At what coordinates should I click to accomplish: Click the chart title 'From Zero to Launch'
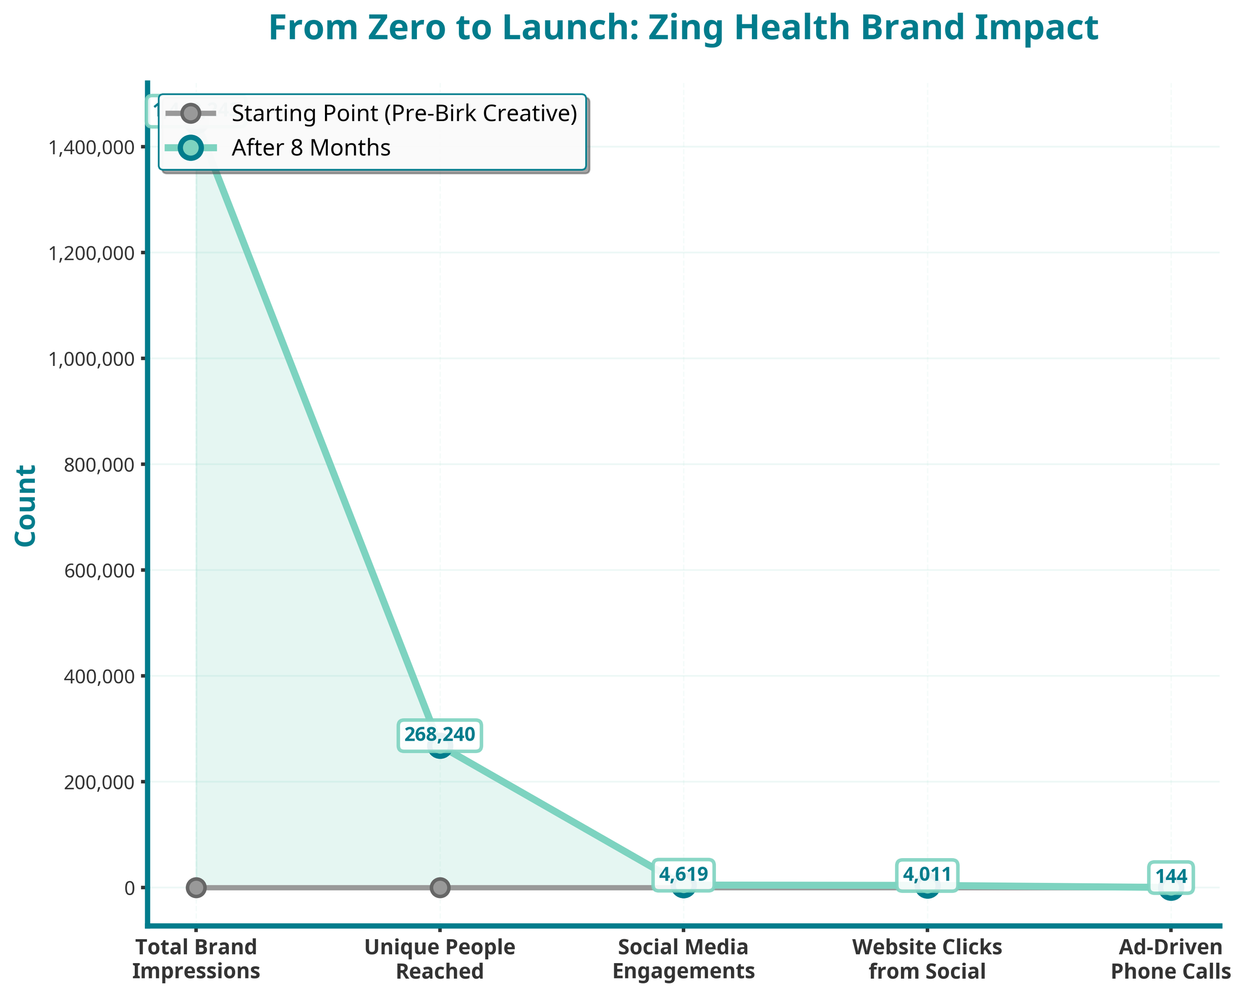(x=683, y=28)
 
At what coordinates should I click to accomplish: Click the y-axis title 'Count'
(x=26, y=506)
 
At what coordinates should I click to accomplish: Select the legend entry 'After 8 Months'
(x=311, y=148)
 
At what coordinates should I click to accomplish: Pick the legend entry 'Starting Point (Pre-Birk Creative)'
(x=404, y=113)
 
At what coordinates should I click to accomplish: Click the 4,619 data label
(x=683, y=874)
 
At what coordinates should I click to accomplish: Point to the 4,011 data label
(x=927, y=874)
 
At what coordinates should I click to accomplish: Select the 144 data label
(x=1170, y=877)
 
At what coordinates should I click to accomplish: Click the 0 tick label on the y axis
(x=129, y=888)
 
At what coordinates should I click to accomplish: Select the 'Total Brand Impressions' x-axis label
(x=196, y=959)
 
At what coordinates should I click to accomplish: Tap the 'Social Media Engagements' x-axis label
(x=683, y=959)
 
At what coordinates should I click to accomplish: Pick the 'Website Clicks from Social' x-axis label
(x=927, y=959)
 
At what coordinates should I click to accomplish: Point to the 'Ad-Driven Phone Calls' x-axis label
(x=1170, y=959)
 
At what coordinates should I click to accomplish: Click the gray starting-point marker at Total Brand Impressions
(x=196, y=887)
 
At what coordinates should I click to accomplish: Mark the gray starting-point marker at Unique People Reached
(x=440, y=887)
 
